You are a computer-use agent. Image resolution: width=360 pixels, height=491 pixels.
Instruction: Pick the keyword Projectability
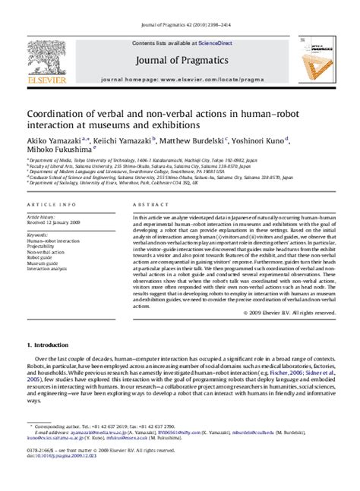43,246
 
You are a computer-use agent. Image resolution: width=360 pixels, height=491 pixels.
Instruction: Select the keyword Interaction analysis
48,269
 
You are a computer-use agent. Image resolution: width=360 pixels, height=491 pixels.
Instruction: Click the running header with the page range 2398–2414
179,8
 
